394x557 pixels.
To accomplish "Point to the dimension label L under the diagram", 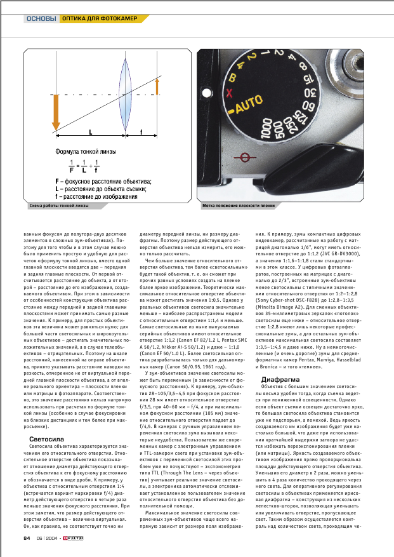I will click(x=90, y=133).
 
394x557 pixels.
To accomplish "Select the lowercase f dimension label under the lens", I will click(x=140, y=133).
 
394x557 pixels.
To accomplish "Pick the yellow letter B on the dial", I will click(x=232, y=78).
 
